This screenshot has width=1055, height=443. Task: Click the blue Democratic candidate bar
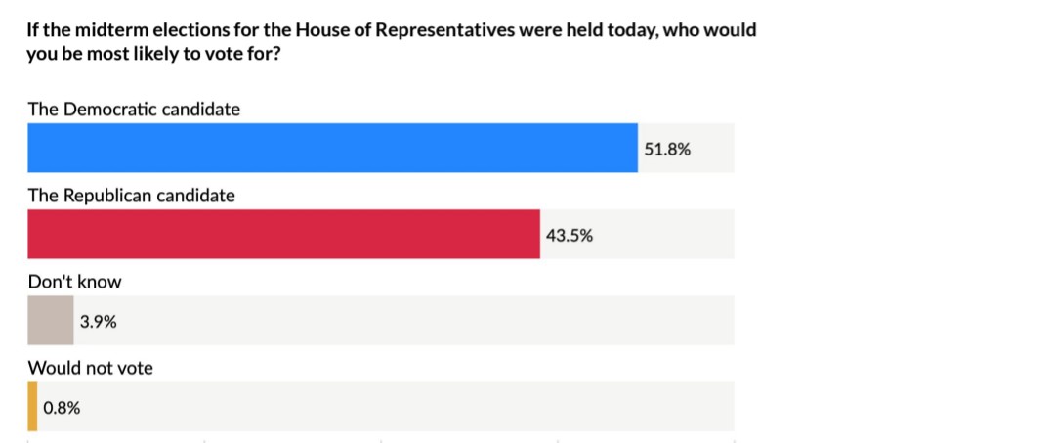(x=332, y=149)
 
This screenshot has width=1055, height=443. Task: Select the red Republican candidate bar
(x=283, y=235)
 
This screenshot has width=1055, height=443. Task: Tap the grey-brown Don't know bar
(x=50, y=321)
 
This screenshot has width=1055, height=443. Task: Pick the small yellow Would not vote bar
(x=32, y=407)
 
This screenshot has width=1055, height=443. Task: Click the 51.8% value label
(x=667, y=150)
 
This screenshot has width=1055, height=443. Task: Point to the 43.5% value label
(x=569, y=236)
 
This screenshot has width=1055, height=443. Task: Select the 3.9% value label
(x=99, y=321)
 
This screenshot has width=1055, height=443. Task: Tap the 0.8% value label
(x=62, y=408)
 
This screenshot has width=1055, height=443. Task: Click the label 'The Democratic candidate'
(x=134, y=110)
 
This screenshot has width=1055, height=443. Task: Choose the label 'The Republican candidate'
(x=132, y=196)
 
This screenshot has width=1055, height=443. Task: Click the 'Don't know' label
(x=75, y=282)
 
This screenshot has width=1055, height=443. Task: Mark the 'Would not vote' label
(x=91, y=368)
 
